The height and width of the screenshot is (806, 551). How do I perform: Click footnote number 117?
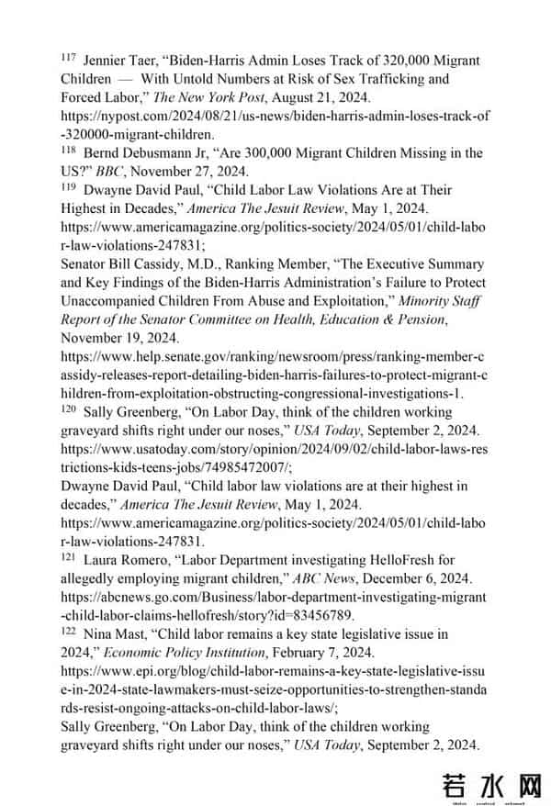click(68, 57)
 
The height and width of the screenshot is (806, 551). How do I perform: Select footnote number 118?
click(68, 150)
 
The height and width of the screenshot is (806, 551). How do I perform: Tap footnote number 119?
click(68, 186)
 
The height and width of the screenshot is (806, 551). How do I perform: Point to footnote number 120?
click(68, 409)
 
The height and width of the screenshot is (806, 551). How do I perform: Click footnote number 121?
click(68, 557)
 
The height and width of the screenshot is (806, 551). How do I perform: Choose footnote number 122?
click(68, 632)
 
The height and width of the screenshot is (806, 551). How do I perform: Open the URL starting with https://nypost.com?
click(275, 116)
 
